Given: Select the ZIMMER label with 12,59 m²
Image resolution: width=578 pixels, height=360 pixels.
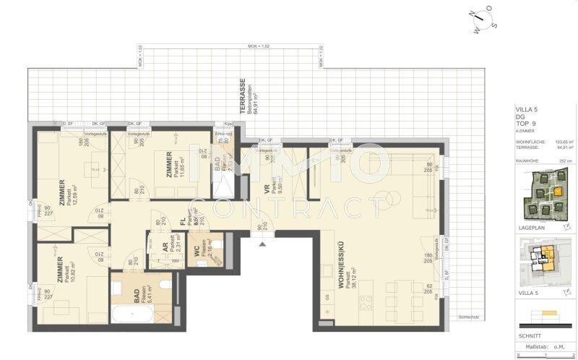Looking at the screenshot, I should coord(61,192).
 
